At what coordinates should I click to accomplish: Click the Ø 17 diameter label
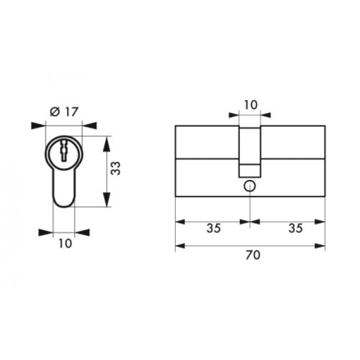pos(64,112)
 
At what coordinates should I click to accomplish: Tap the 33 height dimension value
pos(116,168)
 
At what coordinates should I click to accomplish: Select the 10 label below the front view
pos(65,244)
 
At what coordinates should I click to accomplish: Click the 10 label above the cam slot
pos(251,105)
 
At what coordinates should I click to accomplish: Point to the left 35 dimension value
pos(214,228)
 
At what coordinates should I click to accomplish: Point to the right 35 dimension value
pos(296,228)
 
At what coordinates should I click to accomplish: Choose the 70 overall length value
pos(253,255)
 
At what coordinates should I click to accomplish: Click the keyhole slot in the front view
pos(64,151)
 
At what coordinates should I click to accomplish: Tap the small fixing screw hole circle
pos(250,186)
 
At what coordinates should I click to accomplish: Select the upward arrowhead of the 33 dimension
pos(106,144)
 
